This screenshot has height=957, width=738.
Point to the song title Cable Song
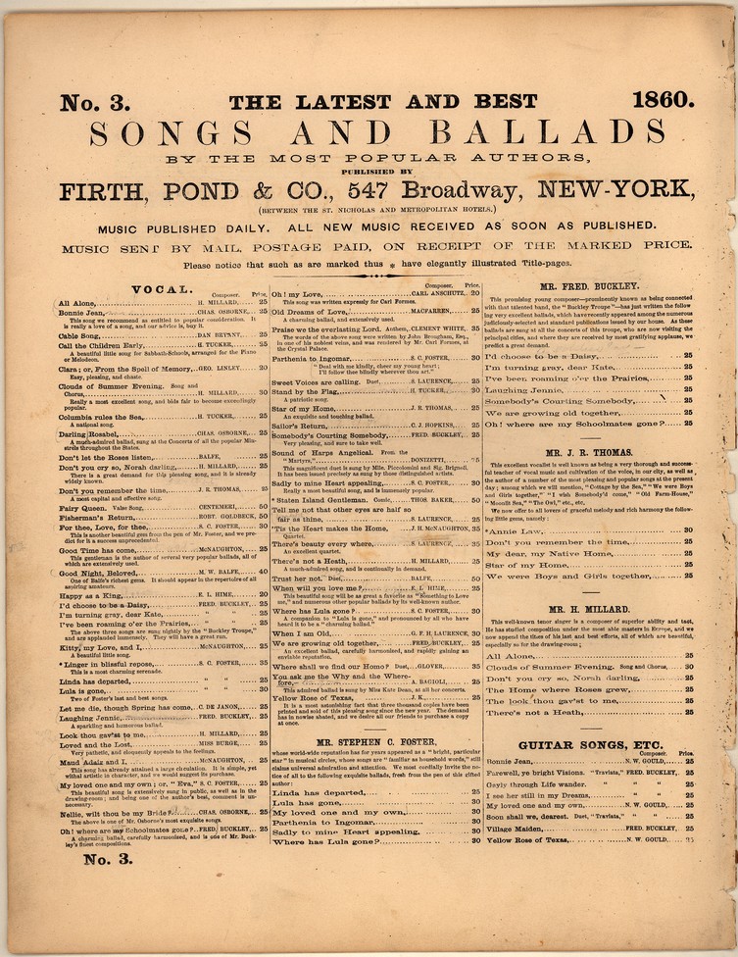(x=86, y=334)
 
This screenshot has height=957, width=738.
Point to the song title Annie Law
(x=515, y=530)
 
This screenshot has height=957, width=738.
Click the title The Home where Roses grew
(x=556, y=688)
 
